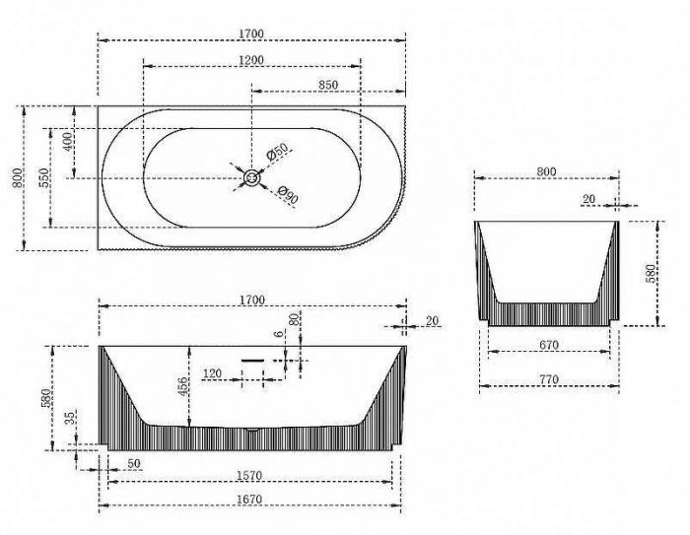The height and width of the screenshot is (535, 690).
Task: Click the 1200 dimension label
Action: [x=251, y=59]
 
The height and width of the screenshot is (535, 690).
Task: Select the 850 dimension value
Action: [x=328, y=85]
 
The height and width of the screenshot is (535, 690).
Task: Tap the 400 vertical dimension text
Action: [x=69, y=141]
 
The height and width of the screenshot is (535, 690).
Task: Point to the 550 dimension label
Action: [x=44, y=177]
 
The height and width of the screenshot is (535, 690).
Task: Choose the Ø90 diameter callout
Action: [x=288, y=195]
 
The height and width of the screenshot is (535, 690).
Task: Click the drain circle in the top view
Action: [x=252, y=177]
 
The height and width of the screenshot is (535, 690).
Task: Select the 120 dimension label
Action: [x=212, y=373]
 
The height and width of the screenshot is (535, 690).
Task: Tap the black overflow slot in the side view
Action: [x=252, y=361]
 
